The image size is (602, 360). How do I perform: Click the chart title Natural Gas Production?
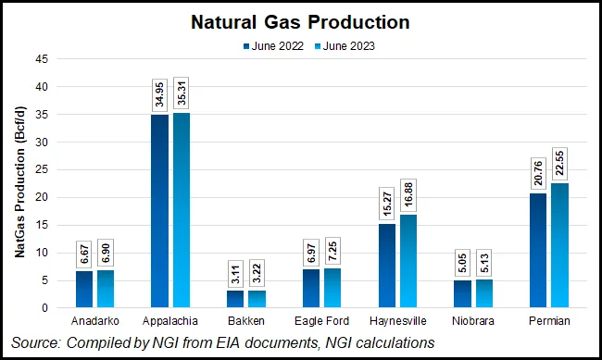[x=300, y=20]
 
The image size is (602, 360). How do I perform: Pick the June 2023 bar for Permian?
[x=560, y=245]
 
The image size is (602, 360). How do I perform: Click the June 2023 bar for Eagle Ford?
[x=332, y=288]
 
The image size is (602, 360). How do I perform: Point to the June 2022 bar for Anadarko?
[x=84, y=289]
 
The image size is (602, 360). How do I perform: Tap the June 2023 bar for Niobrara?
[x=484, y=293]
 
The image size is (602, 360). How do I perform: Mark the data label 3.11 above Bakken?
[x=235, y=272]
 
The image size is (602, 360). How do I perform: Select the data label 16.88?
[x=408, y=196]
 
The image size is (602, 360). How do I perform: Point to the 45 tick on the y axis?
[x=43, y=59]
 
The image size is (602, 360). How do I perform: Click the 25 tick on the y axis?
[x=43, y=169]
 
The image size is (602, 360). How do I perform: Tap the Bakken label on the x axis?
[x=245, y=320]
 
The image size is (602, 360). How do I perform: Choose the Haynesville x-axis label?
[x=397, y=320]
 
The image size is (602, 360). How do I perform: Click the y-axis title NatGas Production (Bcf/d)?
[x=19, y=183]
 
